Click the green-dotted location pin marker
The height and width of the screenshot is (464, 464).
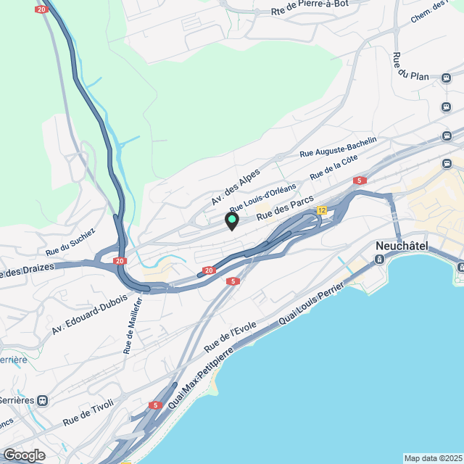231,220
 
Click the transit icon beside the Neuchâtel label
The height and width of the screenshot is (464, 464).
379,259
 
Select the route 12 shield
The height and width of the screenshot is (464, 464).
322,210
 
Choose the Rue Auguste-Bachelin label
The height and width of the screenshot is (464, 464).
339,147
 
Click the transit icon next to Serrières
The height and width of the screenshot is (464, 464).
44,399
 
